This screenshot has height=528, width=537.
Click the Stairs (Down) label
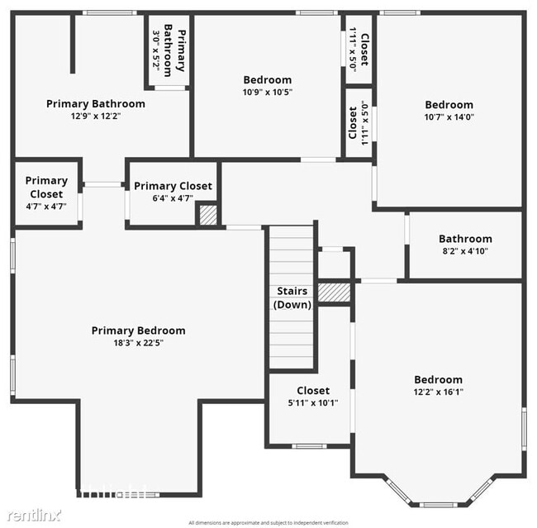click(x=292, y=297)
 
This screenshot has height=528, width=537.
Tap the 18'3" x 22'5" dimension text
click(x=138, y=343)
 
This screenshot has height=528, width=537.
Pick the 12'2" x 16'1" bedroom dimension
click(x=438, y=392)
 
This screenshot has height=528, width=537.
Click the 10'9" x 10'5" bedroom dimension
click(x=268, y=93)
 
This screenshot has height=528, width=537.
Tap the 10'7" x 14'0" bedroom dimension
click(x=449, y=117)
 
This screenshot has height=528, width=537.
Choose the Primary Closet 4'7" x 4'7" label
click(x=46, y=193)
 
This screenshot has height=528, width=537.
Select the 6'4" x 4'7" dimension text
click(x=173, y=198)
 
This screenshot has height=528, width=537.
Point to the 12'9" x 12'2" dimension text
click(x=95, y=117)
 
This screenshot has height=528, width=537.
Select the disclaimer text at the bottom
click(x=268, y=523)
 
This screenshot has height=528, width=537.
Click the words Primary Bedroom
click(x=138, y=331)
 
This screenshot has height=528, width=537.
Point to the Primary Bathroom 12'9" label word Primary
click(x=66, y=104)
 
